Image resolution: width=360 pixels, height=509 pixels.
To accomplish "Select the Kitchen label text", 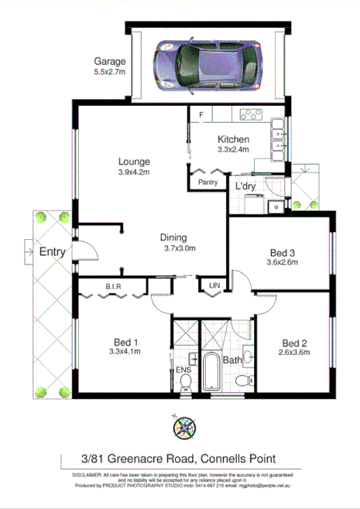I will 231,139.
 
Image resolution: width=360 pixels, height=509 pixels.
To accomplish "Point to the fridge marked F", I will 201,115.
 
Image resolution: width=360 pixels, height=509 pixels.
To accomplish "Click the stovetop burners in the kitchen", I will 251,116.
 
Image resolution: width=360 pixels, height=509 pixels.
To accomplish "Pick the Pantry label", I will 207,183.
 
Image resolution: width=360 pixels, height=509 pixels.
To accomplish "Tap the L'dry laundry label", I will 246,187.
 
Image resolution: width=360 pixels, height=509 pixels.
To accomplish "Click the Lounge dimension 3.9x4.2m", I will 134,173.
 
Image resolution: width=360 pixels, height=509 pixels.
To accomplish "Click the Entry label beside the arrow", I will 53,251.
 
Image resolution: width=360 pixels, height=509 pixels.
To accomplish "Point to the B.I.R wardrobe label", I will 115,287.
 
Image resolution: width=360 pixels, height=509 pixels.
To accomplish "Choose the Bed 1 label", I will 125,343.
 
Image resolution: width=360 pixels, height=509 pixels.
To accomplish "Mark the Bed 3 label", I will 283,252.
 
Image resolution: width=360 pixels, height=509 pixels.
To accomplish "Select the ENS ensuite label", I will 183,371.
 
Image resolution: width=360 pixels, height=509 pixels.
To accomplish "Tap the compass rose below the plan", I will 185,425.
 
